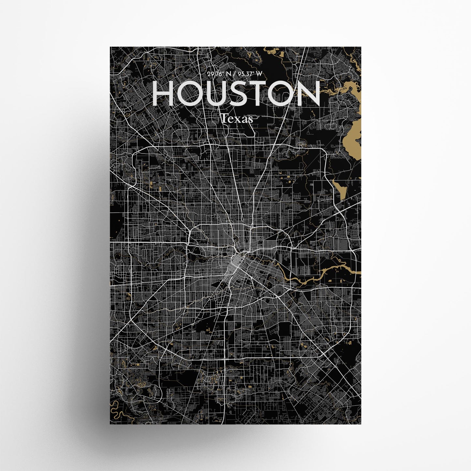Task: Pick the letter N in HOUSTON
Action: click(307, 94)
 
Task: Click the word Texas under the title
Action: click(236, 119)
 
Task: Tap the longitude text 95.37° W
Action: click(249, 74)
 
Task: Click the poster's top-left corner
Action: click(110, 47)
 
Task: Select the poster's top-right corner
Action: click(361, 47)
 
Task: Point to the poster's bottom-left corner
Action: click(110, 424)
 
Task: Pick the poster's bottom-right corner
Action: click(361, 424)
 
